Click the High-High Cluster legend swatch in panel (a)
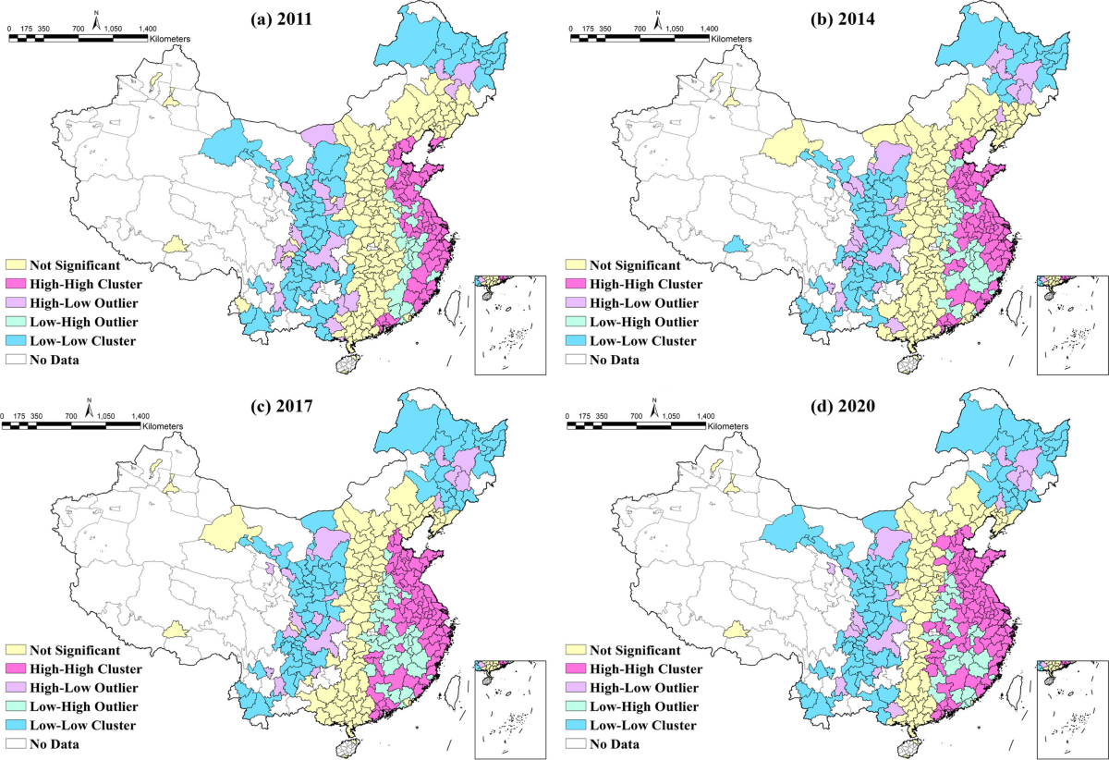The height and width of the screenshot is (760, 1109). coord(16,285)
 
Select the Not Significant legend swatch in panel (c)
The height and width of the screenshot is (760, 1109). coord(16,650)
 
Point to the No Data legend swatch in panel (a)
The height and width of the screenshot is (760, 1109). coord(16,360)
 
